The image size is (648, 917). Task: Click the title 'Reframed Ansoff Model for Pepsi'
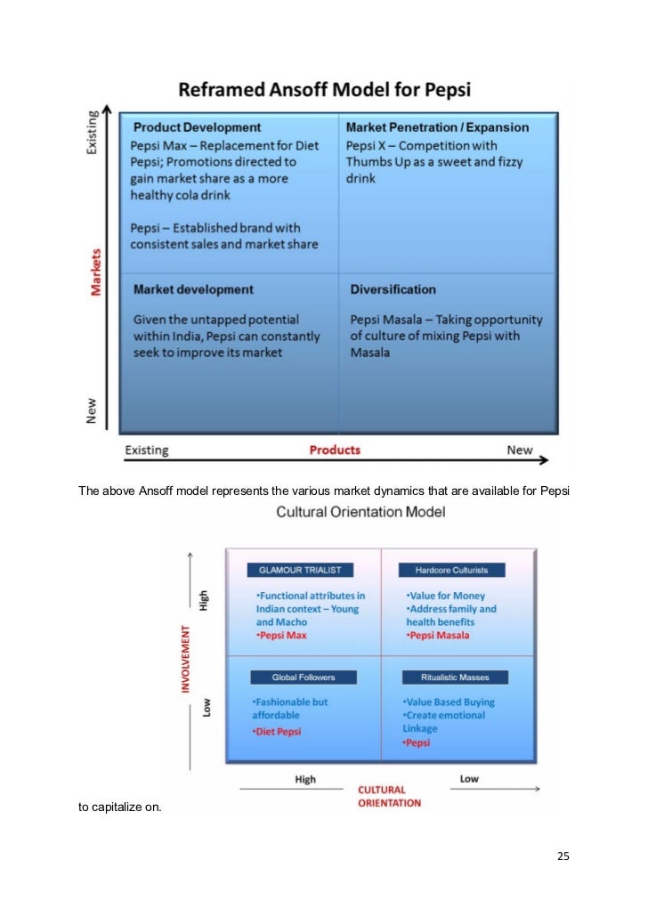point(325,89)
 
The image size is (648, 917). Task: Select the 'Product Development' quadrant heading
point(197,127)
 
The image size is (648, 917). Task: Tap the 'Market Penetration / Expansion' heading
point(437,127)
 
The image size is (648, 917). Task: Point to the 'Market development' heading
point(193,289)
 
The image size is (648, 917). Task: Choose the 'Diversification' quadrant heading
point(393,289)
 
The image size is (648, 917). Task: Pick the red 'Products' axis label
point(335,450)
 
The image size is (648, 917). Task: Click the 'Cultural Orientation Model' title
point(360,512)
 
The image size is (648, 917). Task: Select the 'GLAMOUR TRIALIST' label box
point(300,570)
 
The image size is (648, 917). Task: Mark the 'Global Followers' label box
point(303,678)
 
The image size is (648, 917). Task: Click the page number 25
point(563,856)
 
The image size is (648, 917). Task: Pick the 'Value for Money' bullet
point(445,596)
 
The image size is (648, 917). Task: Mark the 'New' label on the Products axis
point(520,450)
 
